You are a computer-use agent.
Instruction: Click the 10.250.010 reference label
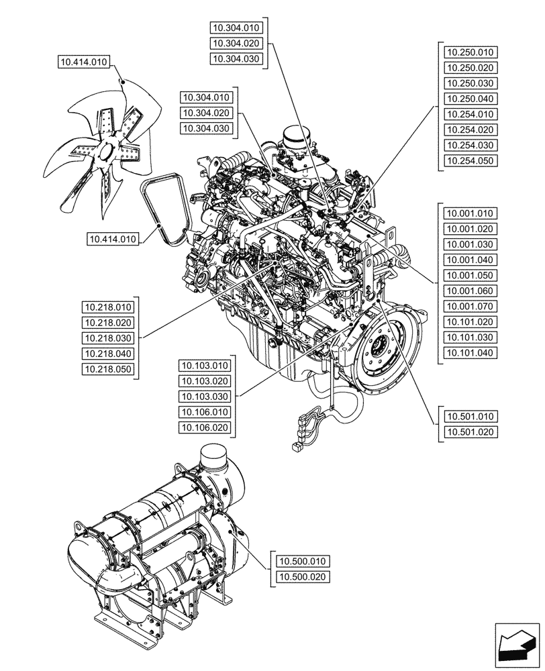point(470,52)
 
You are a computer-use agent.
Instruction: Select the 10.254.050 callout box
point(470,161)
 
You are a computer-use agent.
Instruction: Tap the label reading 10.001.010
point(470,213)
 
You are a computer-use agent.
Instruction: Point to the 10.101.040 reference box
point(470,353)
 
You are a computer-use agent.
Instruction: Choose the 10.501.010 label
point(470,417)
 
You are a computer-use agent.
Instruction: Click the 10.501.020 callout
point(470,432)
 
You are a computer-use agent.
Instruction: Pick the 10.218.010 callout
point(108,307)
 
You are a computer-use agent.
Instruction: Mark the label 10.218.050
point(108,369)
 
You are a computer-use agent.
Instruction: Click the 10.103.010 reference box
point(205,366)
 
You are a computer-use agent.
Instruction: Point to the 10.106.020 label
point(205,427)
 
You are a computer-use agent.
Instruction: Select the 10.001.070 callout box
point(470,307)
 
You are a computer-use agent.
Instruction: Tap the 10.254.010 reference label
point(470,115)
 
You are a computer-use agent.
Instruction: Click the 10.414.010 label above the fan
point(84,63)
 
